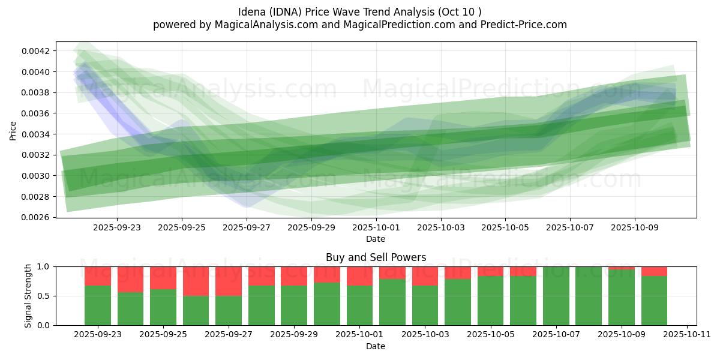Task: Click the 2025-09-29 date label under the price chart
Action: (x=311, y=228)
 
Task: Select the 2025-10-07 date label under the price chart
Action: (x=569, y=228)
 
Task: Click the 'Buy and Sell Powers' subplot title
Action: (x=376, y=257)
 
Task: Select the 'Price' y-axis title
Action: (x=13, y=130)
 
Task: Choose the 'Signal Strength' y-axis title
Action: (x=28, y=296)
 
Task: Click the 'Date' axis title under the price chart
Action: (x=376, y=239)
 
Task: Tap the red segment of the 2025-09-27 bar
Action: (x=229, y=281)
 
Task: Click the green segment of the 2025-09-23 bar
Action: (x=98, y=305)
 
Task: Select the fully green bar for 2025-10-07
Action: (x=556, y=296)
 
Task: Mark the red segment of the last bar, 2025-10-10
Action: (x=654, y=271)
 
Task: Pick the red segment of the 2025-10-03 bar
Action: (x=425, y=276)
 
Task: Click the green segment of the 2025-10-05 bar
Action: (x=490, y=301)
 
